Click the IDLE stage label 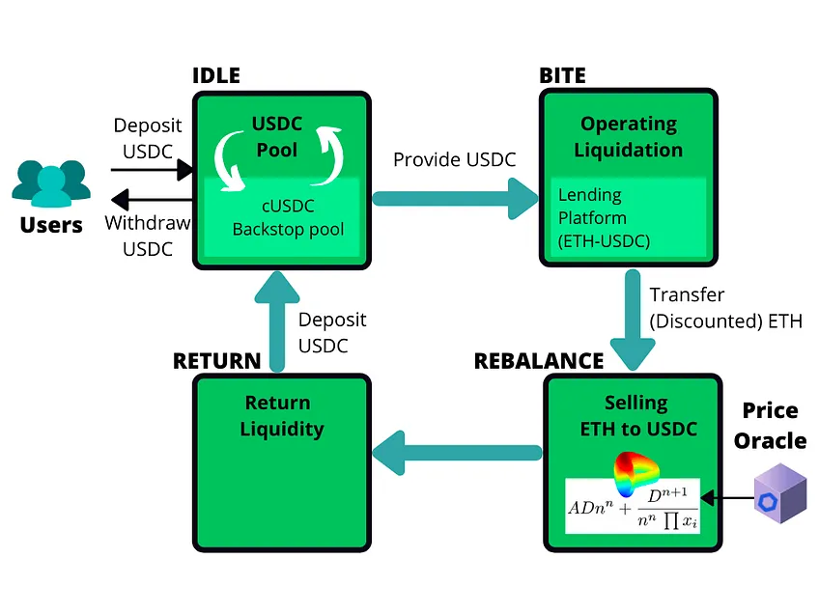tap(216, 75)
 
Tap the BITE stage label tap(562, 75)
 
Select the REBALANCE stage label tap(538, 361)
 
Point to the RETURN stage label tap(216, 361)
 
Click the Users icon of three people tap(51, 183)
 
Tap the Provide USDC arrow tap(455, 199)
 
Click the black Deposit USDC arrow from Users tap(153, 170)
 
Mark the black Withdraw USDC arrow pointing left tap(153, 201)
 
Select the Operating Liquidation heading tap(628, 137)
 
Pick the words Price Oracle tap(770, 426)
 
